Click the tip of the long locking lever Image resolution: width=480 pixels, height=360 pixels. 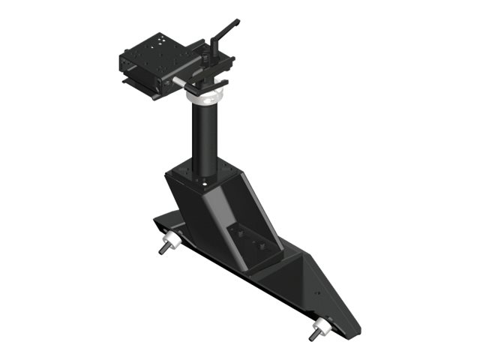[236, 22]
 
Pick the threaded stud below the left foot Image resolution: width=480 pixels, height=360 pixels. [163, 248]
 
